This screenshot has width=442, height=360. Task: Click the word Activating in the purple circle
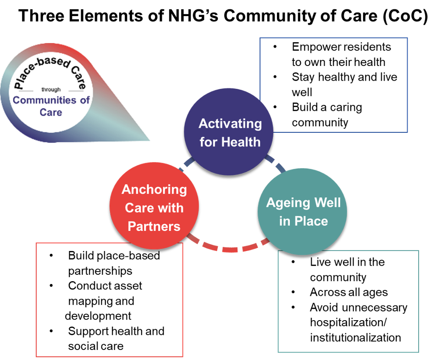[x=230, y=124]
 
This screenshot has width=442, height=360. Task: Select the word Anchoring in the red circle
[x=154, y=190]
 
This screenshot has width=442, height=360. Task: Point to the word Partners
[x=154, y=226]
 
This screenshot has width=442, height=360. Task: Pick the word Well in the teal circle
[x=326, y=203]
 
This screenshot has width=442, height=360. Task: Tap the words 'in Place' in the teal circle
[x=304, y=221]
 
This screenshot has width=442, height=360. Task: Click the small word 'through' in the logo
[x=50, y=90]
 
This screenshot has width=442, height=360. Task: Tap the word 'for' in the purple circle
[x=209, y=142]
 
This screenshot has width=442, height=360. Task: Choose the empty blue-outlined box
[x=333, y=85]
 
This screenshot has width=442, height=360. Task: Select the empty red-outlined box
[x=109, y=300]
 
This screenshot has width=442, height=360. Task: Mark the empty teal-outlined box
[x=348, y=301]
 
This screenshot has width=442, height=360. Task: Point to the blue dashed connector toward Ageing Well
[x=276, y=164]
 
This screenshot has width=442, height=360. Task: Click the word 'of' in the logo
[x=85, y=100]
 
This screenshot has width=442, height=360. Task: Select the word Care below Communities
[x=50, y=112]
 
